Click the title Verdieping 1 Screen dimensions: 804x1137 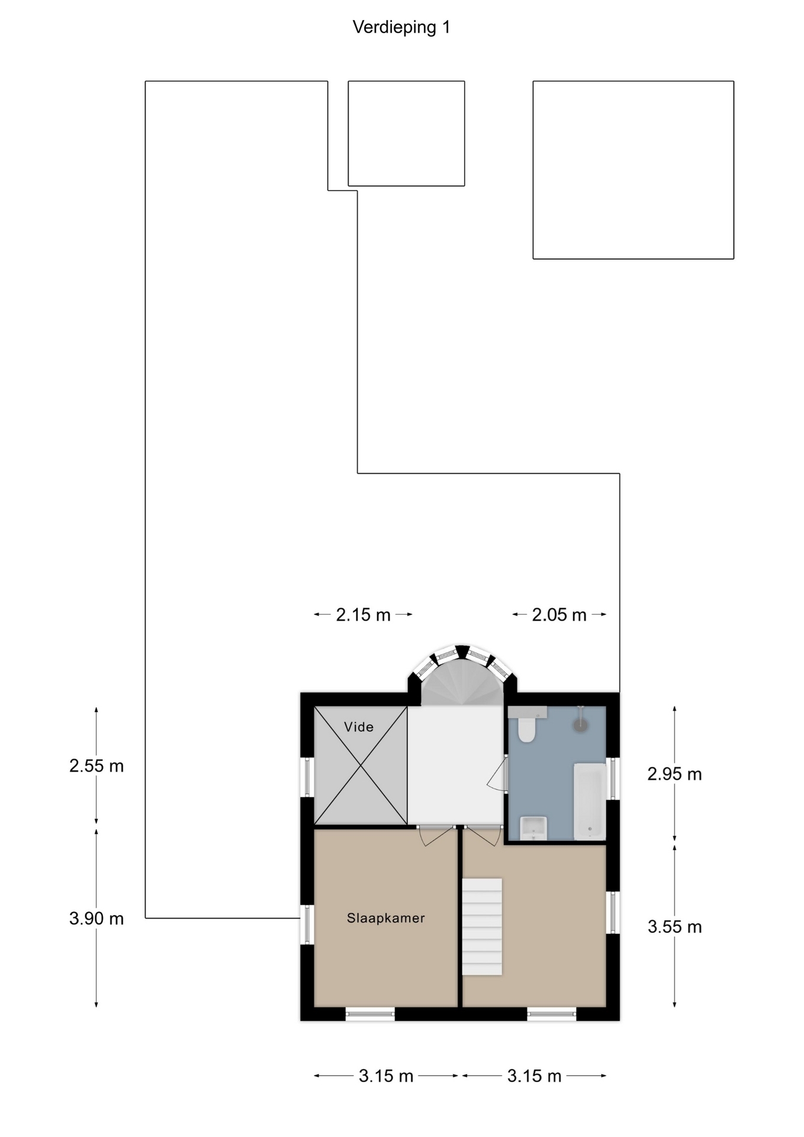401,27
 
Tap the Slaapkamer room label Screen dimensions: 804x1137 386,918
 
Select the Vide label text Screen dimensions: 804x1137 359,727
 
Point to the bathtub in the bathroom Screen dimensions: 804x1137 590,801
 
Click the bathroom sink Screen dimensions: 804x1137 533,828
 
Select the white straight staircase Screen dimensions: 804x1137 482,926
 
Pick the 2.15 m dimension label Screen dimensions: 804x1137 364,615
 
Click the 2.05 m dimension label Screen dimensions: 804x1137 559,615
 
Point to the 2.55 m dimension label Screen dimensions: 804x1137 97,766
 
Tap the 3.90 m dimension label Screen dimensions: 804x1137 97,918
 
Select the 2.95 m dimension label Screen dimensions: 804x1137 674,774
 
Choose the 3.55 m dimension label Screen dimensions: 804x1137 674,927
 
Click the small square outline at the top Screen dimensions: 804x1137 406,133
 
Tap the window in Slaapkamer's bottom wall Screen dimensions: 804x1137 370,1014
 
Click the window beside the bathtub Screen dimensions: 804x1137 613,778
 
